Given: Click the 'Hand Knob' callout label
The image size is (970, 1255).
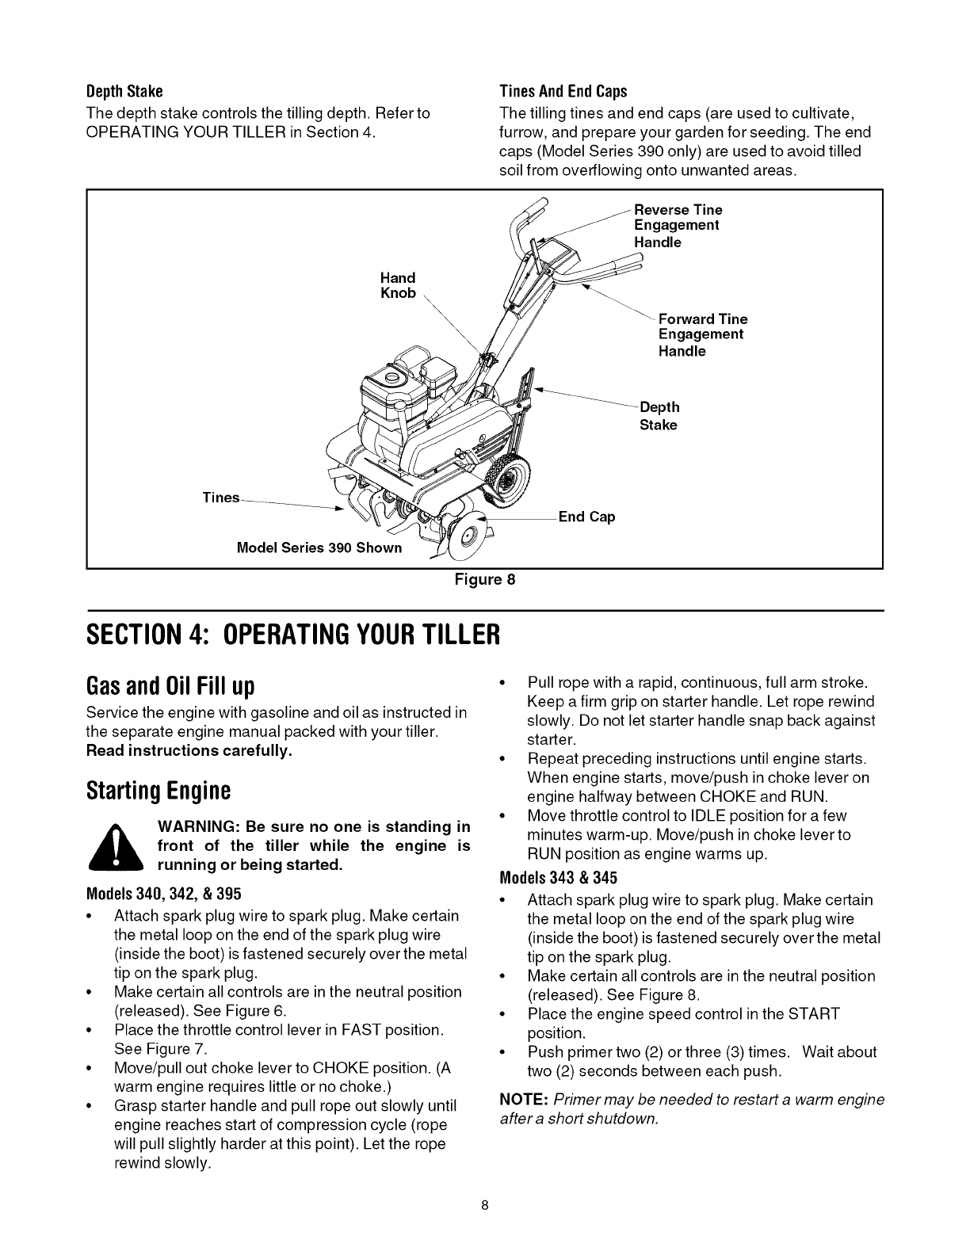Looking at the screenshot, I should click(398, 285).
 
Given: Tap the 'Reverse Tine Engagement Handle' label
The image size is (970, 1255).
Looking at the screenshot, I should click(678, 226).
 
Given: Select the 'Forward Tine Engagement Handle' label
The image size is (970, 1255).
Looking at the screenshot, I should click(702, 334).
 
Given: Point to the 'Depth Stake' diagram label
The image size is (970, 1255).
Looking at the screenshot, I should click(659, 416).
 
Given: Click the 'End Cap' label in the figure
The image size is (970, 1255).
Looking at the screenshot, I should click(586, 517).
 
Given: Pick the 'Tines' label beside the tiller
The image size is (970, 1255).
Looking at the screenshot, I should click(220, 498).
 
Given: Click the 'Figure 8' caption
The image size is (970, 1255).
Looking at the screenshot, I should click(484, 579).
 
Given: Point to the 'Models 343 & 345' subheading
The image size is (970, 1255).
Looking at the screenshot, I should click(558, 878).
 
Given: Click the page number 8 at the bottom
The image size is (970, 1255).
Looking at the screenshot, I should click(485, 1228).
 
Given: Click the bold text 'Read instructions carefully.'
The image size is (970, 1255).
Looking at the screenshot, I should click(189, 750).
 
